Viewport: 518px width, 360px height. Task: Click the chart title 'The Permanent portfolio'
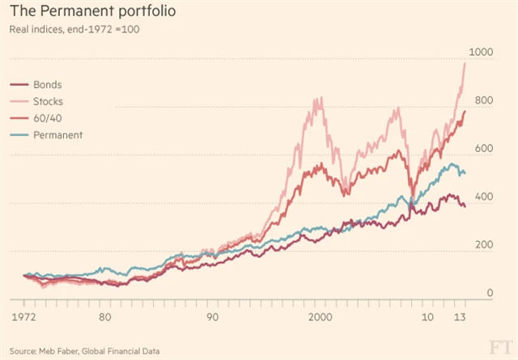[x=91, y=14]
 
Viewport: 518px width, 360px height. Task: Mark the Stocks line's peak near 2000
[x=319, y=99]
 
